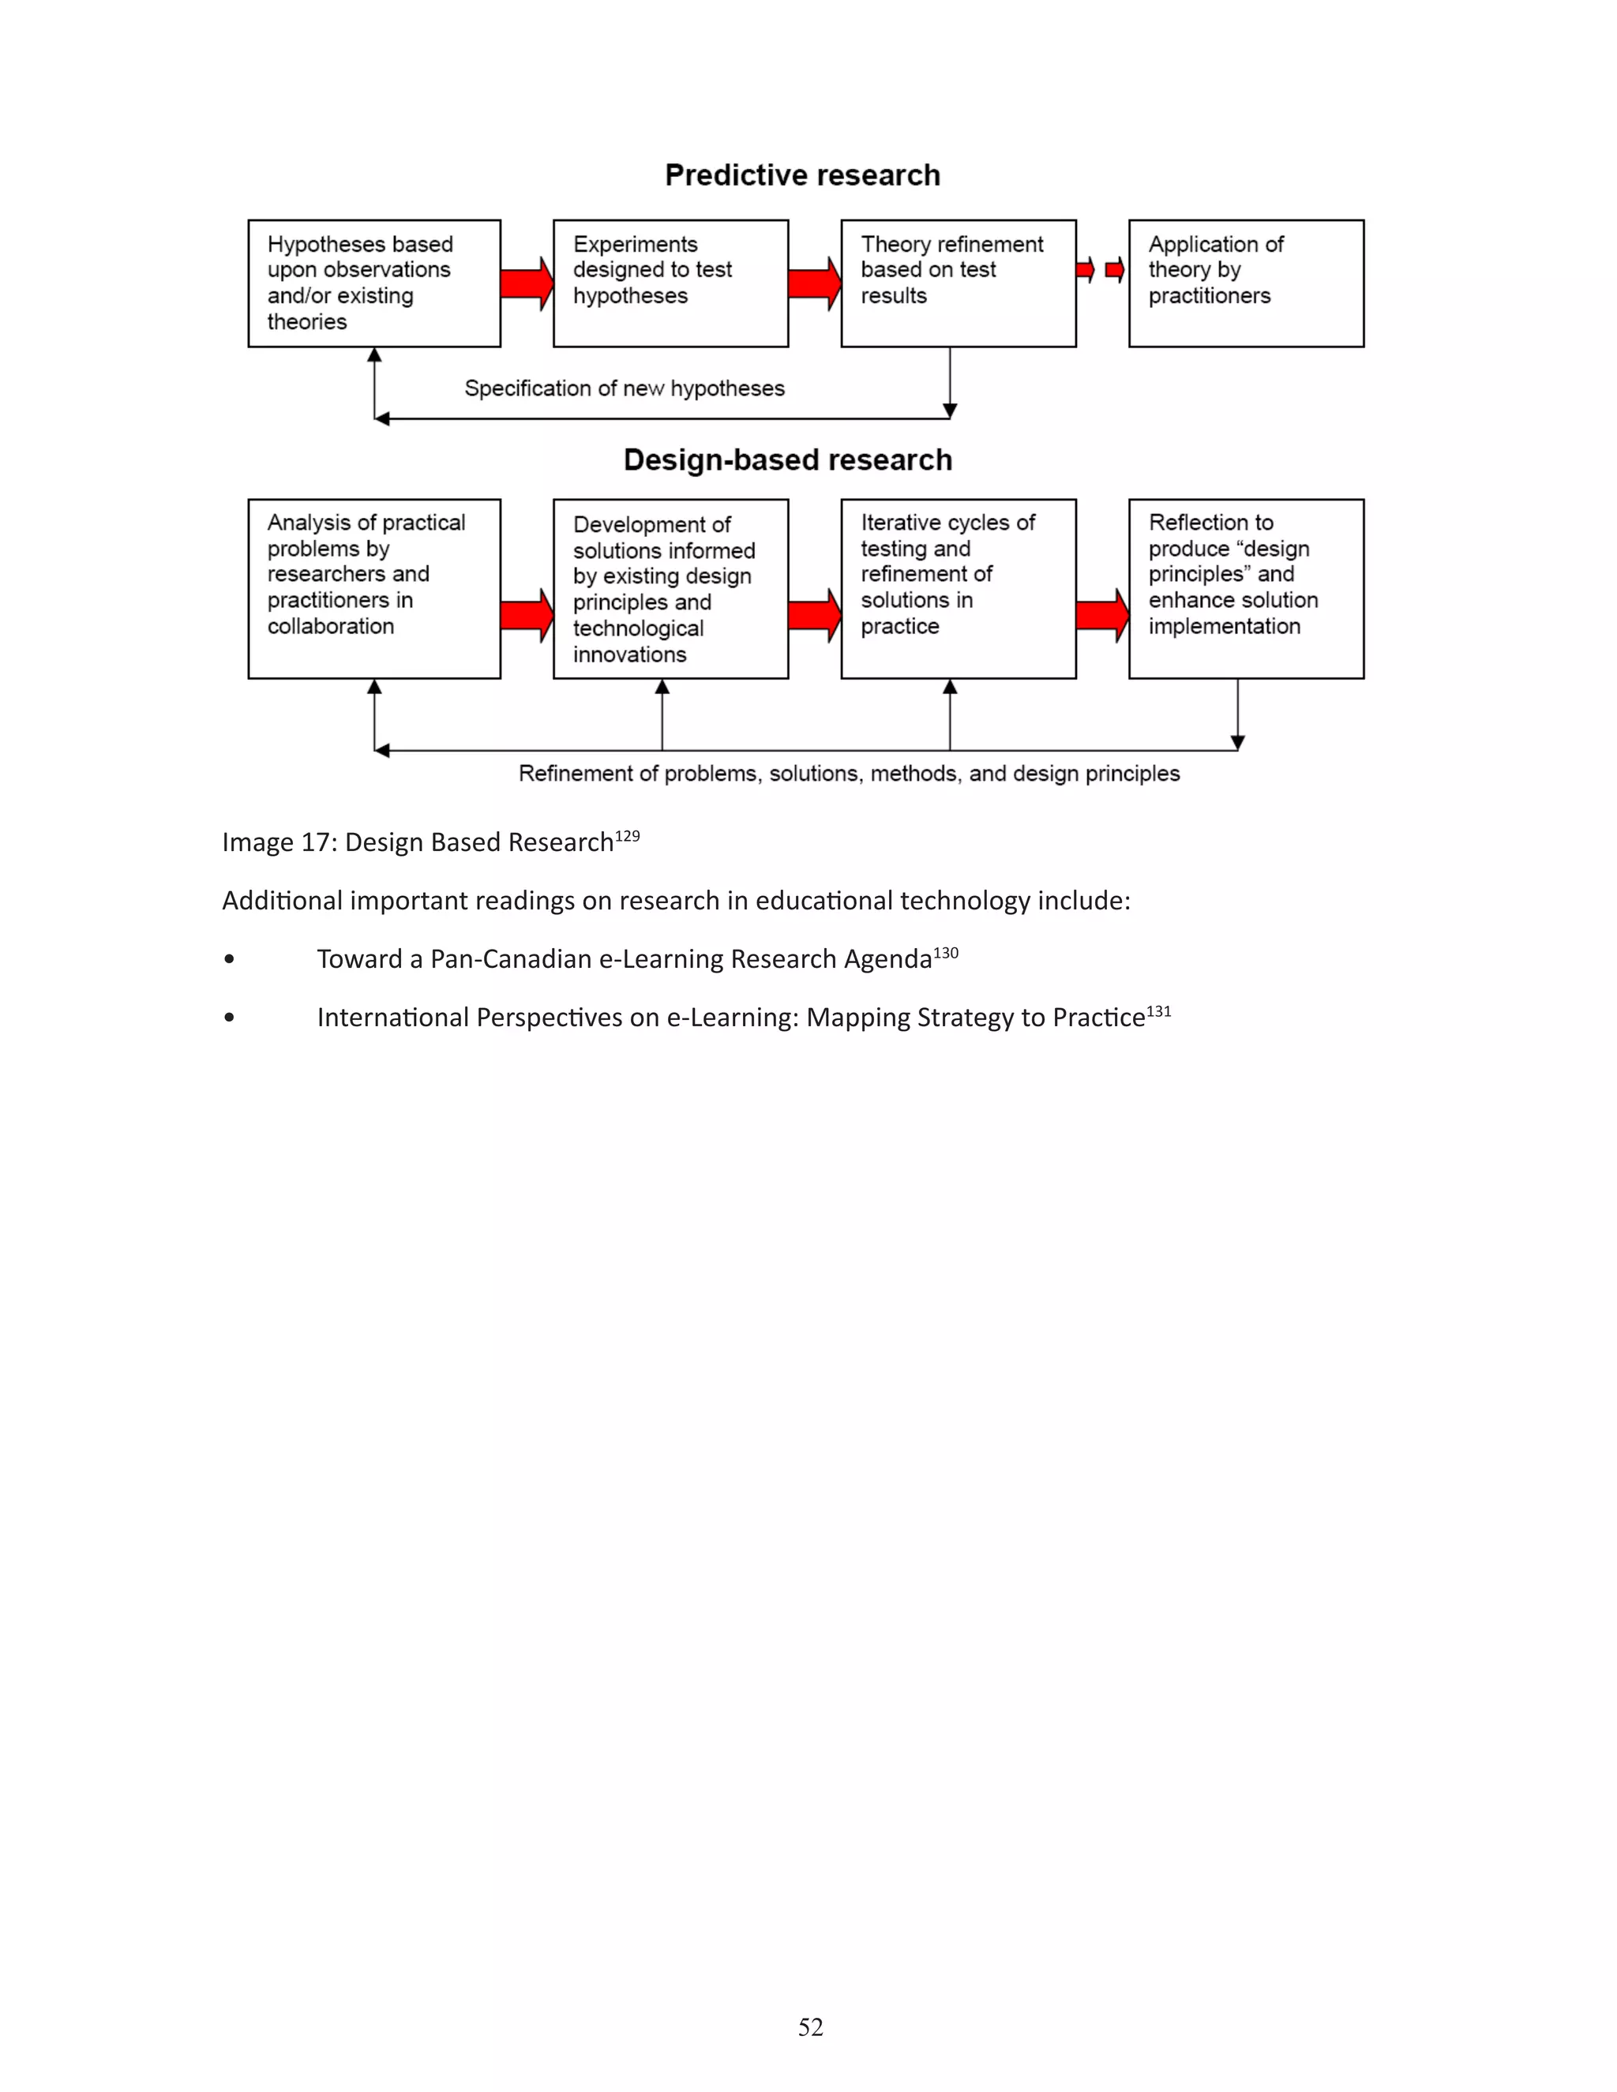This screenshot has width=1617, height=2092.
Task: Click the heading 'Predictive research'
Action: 802,175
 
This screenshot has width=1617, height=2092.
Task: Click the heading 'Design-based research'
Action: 787,459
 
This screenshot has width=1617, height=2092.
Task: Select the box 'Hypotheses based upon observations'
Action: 373,283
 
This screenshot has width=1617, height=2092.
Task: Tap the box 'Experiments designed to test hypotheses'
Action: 670,283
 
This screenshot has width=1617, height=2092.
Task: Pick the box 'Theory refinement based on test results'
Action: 958,283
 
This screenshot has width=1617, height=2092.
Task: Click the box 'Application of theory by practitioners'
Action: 1245,283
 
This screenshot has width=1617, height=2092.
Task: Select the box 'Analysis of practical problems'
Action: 373,588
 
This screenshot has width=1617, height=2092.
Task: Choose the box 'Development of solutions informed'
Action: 670,588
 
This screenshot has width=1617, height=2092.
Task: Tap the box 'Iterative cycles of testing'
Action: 958,588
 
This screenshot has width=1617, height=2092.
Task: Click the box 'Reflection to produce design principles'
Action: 1245,588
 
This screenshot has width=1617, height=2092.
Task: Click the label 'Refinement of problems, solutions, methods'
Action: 849,774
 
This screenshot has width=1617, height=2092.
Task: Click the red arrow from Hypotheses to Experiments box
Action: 526,283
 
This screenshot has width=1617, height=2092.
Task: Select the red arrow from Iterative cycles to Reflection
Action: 1101,615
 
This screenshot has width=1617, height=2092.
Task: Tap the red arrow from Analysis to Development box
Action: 526,615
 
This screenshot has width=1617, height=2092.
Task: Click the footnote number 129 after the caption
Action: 628,836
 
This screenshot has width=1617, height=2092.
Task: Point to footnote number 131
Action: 1158,1011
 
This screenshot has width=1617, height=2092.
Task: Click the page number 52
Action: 810,2026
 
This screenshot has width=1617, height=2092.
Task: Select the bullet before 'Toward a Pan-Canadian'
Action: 229,959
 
